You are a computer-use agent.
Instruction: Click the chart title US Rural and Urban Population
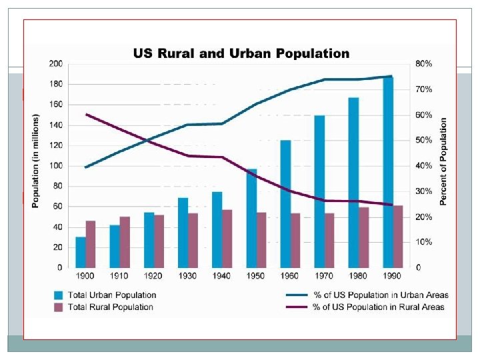[241, 53]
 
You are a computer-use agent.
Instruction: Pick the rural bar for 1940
[227, 239]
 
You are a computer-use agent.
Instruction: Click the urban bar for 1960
[285, 203]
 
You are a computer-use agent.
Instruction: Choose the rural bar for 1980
[363, 237]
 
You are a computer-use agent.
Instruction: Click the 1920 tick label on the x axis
[153, 275]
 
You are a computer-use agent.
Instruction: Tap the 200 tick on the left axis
[55, 64]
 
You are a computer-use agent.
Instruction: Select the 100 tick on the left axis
[55, 166]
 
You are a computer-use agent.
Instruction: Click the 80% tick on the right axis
[424, 64]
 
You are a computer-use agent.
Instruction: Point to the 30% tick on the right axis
[424, 191]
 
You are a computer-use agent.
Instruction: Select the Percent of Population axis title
[443, 162]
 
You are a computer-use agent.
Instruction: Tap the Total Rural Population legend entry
[111, 307]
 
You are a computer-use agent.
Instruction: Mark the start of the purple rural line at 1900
[86, 115]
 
